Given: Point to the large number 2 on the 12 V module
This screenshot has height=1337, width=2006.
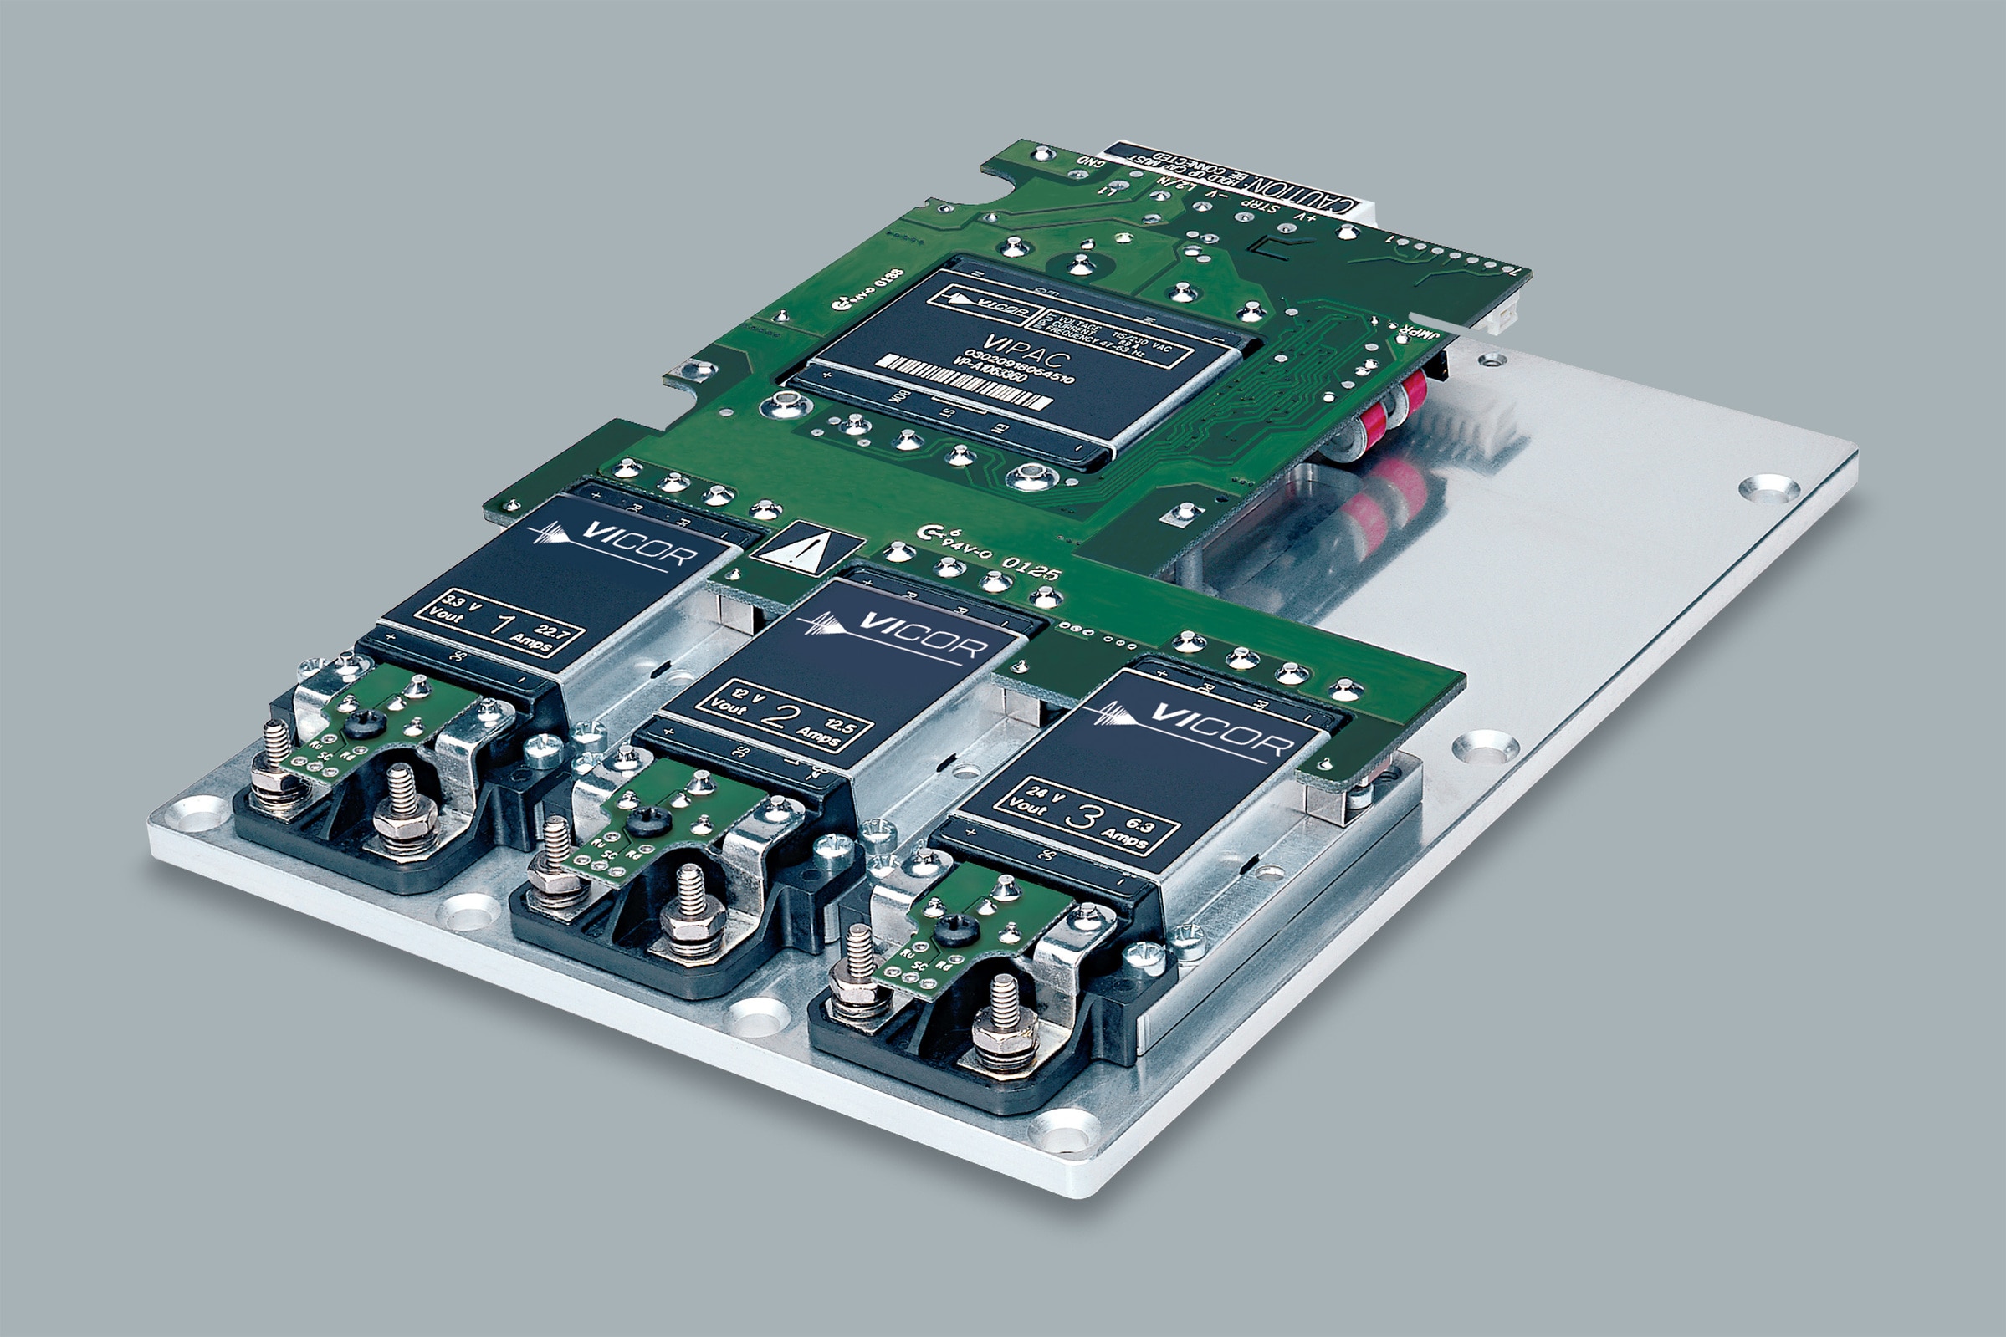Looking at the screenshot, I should click(776, 715).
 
